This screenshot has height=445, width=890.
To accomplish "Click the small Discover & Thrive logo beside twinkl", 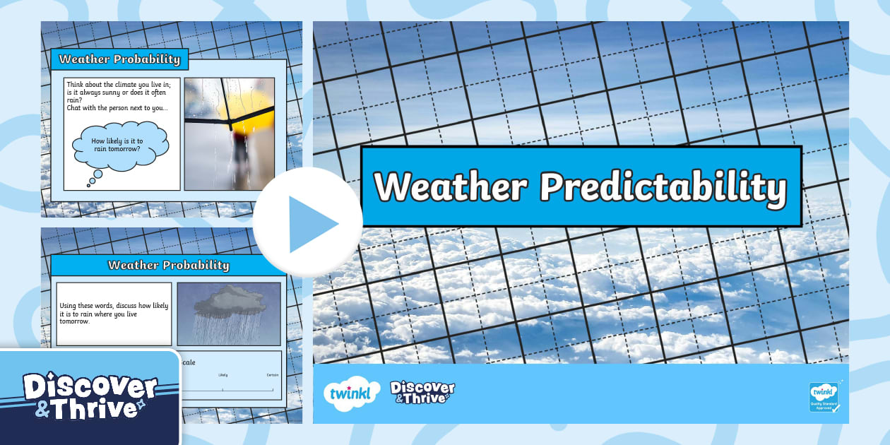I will (x=422, y=392).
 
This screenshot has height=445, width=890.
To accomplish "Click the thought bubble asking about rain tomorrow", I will (x=121, y=145).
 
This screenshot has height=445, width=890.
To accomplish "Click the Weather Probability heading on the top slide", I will (x=119, y=59).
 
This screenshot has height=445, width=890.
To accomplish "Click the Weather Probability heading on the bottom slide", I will (x=168, y=265).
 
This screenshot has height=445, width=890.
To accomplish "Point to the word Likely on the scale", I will (x=223, y=375).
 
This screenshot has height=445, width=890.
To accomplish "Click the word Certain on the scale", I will (x=273, y=375).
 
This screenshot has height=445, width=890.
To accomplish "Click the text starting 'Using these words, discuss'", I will (x=114, y=313).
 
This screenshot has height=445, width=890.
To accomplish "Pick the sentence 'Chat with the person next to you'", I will (x=117, y=107).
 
